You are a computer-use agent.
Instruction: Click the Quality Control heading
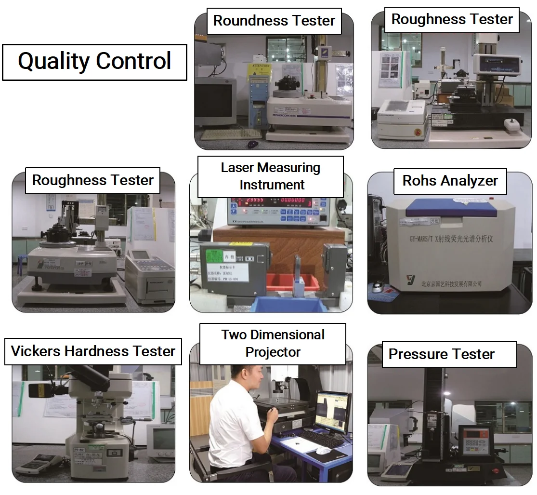click(x=94, y=62)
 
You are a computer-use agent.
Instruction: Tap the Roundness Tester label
click(x=274, y=21)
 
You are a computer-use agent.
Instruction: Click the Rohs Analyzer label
click(x=450, y=181)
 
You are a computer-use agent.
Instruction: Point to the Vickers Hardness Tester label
click(x=93, y=351)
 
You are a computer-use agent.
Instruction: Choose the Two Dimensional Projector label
click(x=273, y=343)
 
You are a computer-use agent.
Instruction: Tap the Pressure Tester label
click(x=441, y=354)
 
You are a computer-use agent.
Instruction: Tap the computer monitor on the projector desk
click(x=332, y=411)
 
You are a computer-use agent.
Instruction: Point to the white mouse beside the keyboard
click(x=323, y=450)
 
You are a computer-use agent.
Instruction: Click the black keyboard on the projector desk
click(x=321, y=438)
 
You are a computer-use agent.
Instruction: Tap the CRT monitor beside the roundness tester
click(x=215, y=101)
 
